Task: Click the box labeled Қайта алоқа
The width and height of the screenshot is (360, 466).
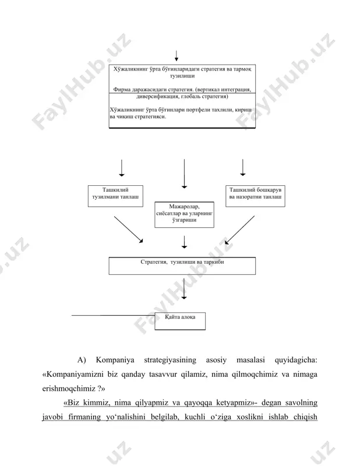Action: pyautogui.click(x=180, y=321)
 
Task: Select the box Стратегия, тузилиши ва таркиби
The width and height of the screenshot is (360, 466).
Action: pyautogui.click(x=182, y=266)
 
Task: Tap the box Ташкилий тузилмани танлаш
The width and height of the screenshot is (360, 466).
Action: pyautogui.click(x=115, y=196)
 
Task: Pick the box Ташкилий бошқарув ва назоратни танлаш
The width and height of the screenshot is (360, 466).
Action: pyautogui.click(x=255, y=196)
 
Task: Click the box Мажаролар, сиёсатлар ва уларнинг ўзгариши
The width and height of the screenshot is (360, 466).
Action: pyautogui.click(x=184, y=214)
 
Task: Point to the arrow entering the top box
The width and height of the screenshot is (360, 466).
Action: pyautogui.click(x=177, y=56)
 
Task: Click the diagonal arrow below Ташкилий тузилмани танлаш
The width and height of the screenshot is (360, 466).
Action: pyautogui.click(x=129, y=230)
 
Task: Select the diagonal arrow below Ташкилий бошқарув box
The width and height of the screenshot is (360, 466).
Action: pyautogui.click(x=239, y=230)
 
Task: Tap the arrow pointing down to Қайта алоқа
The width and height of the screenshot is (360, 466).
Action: pyautogui.click(x=184, y=288)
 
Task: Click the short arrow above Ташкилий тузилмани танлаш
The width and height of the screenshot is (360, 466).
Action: pyautogui.click(x=122, y=168)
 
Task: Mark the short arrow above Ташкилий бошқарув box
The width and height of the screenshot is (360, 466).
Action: pyautogui.click(x=243, y=168)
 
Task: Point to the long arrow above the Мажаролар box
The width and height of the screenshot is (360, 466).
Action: pyautogui.click(x=184, y=174)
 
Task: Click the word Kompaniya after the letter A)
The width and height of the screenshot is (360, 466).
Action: pyautogui.click(x=115, y=360)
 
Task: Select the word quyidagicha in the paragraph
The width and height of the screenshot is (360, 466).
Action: pyautogui.click(x=296, y=360)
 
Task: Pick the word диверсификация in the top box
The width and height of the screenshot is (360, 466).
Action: pyautogui.click(x=157, y=97)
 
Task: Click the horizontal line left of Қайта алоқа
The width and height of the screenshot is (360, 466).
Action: pyautogui.click(x=113, y=315)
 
